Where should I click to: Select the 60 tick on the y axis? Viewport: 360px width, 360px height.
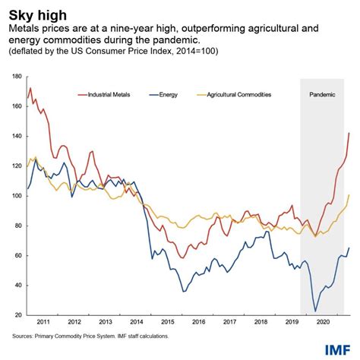pos(18,255)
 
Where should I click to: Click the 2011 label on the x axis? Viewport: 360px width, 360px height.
pos(45,322)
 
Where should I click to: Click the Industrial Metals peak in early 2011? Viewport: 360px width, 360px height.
pos(30,88)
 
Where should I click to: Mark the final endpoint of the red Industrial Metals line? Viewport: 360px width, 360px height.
pos(349,133)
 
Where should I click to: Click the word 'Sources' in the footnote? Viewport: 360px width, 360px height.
pos(24,335)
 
